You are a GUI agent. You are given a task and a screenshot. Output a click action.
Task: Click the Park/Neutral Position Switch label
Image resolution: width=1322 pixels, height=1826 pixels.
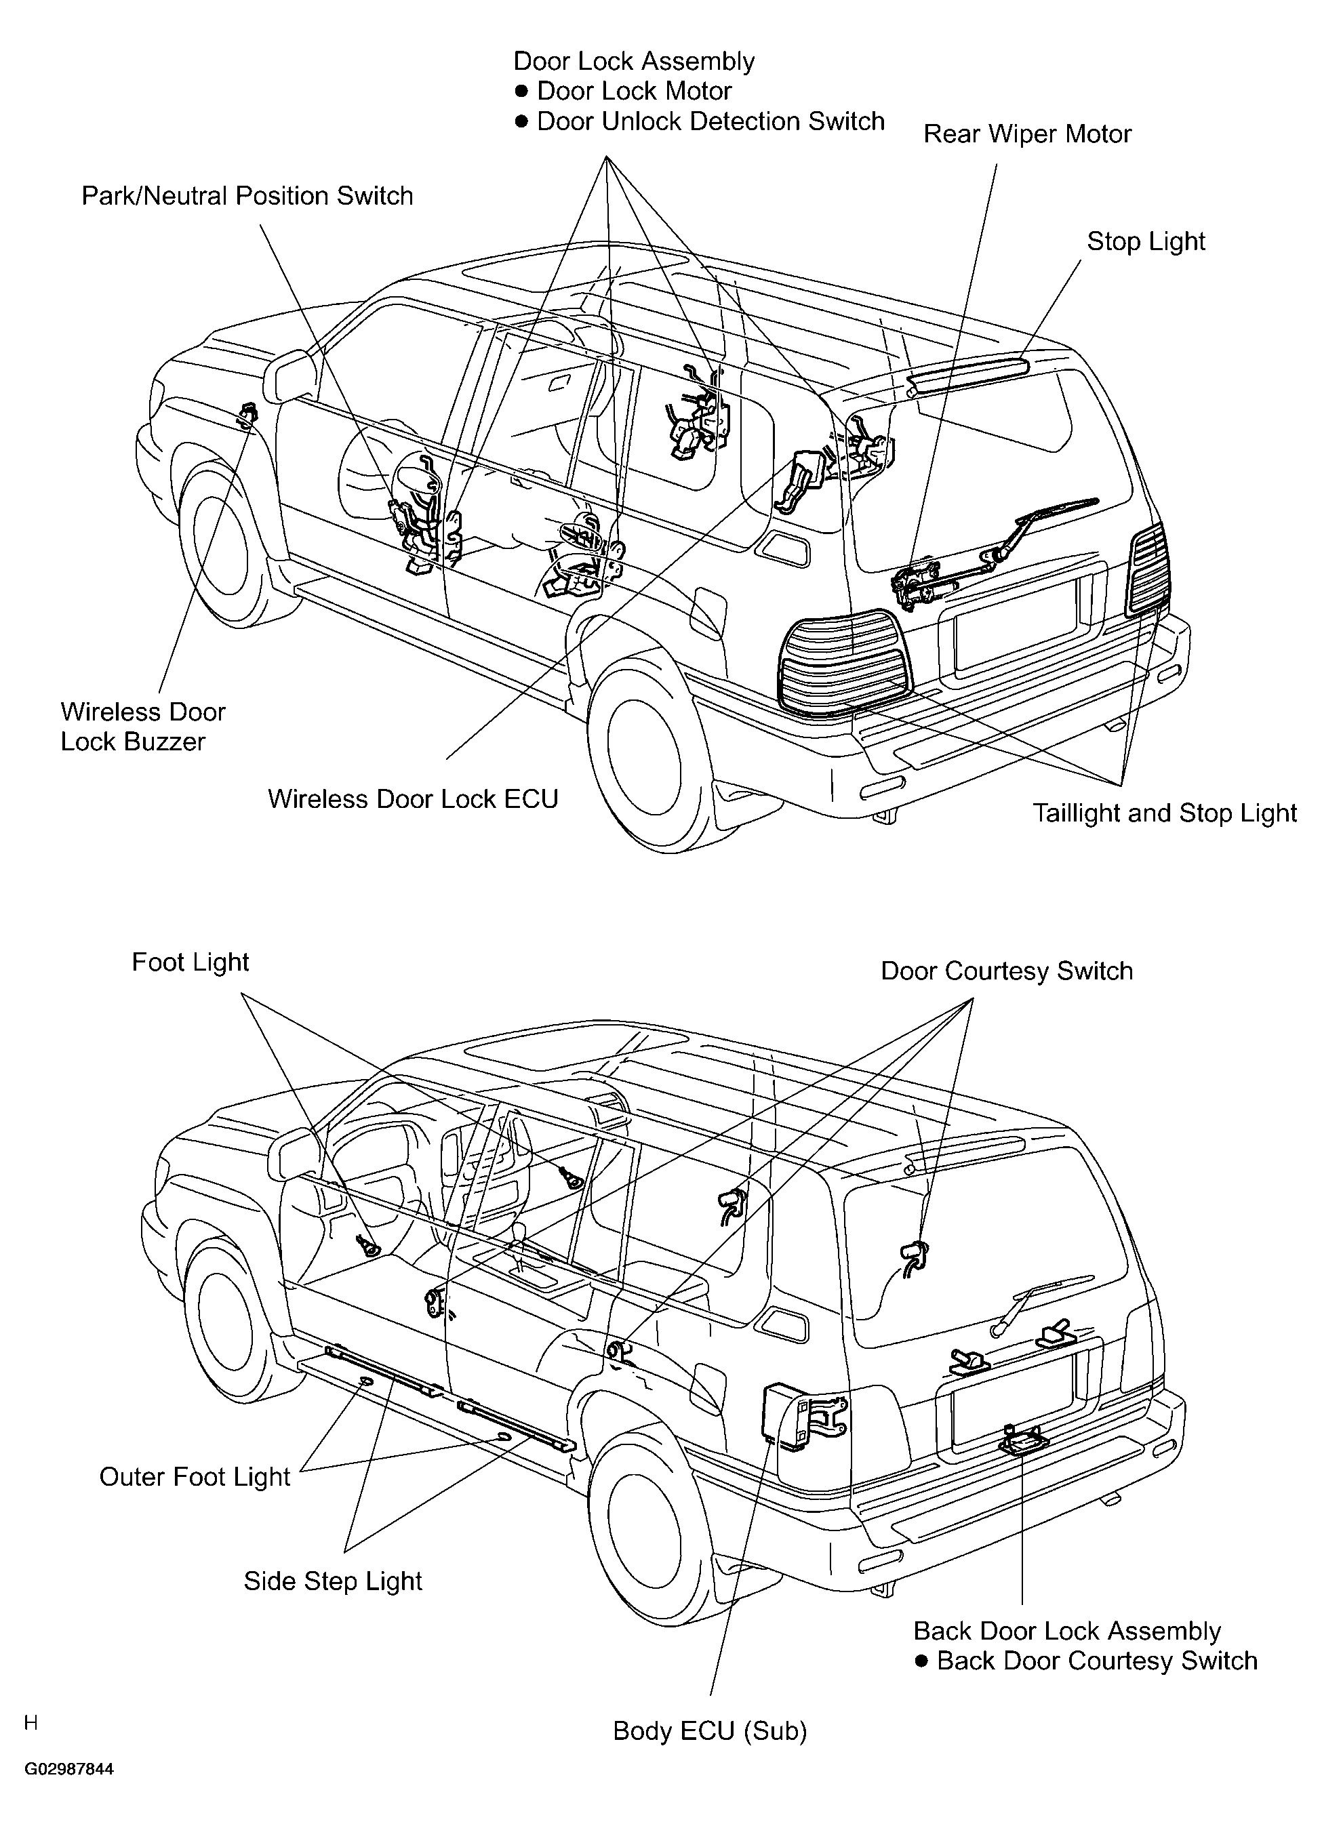247,196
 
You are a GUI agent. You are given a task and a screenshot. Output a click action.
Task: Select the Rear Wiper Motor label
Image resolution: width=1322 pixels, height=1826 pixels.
1027,134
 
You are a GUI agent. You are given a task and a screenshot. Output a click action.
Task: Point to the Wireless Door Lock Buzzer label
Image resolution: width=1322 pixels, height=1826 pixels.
142,726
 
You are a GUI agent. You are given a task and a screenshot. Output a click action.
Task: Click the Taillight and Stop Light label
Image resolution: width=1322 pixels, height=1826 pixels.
1165,813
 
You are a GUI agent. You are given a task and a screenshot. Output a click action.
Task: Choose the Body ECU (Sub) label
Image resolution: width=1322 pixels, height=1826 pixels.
710,1730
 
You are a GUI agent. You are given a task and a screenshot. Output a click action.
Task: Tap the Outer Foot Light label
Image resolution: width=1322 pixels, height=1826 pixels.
194,1476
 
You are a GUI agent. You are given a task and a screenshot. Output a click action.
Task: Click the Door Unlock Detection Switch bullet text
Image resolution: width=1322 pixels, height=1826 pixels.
700,121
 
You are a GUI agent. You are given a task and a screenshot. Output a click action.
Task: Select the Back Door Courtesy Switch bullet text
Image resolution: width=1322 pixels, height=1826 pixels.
1086,1660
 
